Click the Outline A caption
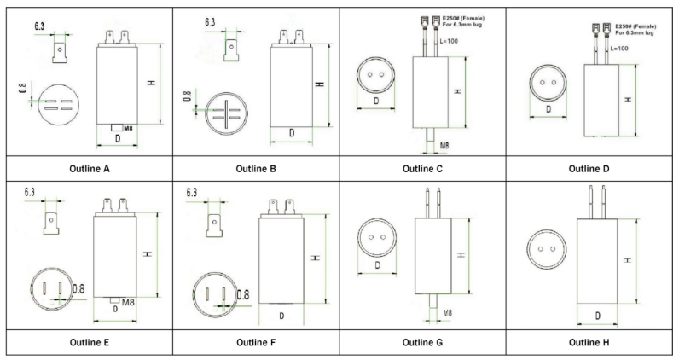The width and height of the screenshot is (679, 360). click(x=90, y=169)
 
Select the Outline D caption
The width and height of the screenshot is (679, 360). click(x=589, y=169)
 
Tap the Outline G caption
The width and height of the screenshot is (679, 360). click(x=422, y=343)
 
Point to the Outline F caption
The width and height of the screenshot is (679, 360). click(x=256, y=343)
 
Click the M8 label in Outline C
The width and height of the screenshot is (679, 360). click(x=444, y=146)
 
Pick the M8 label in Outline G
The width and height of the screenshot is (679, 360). click(x=448, y=312)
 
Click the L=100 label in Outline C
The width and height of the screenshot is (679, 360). click(x=449, y=41)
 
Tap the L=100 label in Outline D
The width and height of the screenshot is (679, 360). click(x=619, y=49)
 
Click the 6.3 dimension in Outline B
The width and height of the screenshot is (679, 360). click(x=210, y=21)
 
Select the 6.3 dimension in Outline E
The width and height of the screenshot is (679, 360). click(x=30, y=192)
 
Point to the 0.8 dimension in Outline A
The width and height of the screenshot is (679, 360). click(x=23, y=88)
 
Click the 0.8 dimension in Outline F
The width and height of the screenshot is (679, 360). click(x=243, y=295)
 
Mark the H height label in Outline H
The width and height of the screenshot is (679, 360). click(x=628, y=260)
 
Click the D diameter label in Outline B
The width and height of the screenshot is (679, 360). click(x=292, y=133)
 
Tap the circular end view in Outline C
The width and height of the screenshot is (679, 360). click(x=376, y=75)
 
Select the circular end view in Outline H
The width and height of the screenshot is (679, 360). click(x=547, y=249)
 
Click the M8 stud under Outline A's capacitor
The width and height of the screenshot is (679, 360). click(x=117, y=128)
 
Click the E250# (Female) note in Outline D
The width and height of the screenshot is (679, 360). click(x=635, y=26)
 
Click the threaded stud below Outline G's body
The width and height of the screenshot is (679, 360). click(x=433, y=301)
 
